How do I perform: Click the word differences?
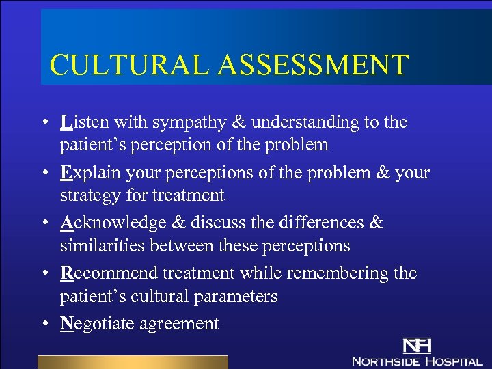(327, 223)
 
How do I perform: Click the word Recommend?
(110, 273)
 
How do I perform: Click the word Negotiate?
(97, 324)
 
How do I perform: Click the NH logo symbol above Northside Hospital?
(416, 345)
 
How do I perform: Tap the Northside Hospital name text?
(416, 360)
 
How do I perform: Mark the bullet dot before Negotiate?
(43, 324)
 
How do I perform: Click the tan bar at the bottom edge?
(132, 361)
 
